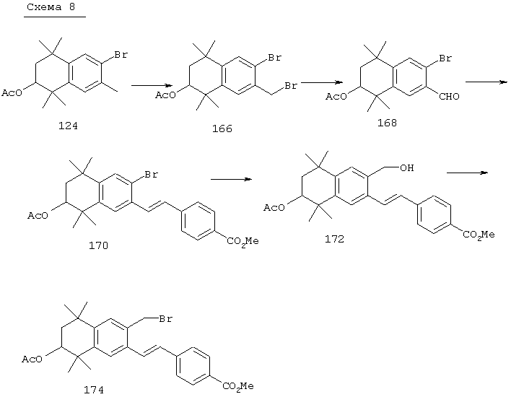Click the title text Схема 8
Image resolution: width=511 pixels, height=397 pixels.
(51, 6)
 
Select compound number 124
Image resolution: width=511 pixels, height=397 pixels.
(68, 126)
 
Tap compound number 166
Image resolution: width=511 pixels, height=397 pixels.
(222, 128)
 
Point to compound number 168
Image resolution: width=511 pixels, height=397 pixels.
(387, 123)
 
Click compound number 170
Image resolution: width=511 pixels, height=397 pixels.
(98, 245)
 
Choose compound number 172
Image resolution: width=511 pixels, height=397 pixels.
(334, 239)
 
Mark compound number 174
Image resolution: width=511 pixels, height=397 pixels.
(94, 390)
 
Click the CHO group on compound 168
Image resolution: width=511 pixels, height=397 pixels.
(449, 97)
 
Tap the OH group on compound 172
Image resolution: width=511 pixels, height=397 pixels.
(407, 168)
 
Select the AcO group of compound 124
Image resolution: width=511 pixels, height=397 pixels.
(12, 93)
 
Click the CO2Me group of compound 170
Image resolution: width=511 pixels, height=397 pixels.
(243, 242)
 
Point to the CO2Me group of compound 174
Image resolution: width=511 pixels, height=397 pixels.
(238, 387)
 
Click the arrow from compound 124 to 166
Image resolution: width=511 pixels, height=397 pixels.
(152, 85)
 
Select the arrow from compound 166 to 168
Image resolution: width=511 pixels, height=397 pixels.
(322, 82)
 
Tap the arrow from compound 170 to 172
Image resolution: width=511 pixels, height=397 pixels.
(232, 179)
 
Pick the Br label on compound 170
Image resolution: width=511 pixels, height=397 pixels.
(152, 175)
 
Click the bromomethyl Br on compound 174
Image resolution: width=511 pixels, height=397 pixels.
(165, 319)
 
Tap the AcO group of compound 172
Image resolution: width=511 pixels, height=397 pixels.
(274, 208)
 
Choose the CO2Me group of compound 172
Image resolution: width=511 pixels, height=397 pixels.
(479, 235)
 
